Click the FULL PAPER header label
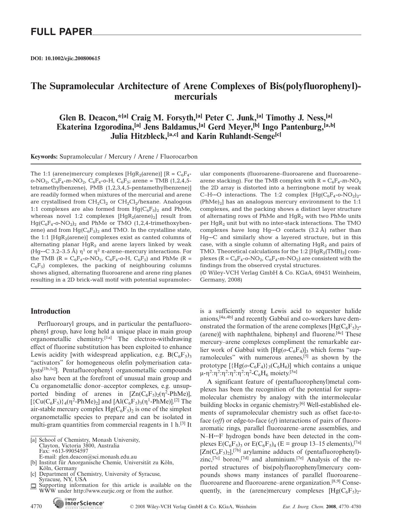[x=61, y=32]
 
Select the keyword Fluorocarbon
[x=179, y=157]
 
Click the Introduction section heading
[x=50, y=311]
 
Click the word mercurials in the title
[x=196, y=96]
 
